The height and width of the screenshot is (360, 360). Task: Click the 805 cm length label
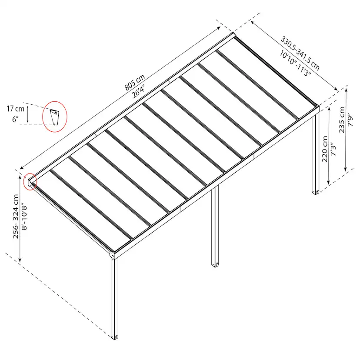135,82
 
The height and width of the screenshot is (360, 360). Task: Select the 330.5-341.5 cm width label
300,53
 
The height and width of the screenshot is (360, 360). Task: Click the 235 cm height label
342,120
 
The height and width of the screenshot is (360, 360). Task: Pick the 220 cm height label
325,149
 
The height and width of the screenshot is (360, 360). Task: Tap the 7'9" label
350,120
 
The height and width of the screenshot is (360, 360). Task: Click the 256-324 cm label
16,217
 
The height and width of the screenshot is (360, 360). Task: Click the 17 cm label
15,109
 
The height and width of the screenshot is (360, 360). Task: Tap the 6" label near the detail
15,119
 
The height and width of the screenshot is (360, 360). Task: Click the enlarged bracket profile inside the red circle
55,117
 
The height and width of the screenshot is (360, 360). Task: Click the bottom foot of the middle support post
215,265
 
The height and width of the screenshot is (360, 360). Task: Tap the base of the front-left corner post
115,337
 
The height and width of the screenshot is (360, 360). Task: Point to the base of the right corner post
316,192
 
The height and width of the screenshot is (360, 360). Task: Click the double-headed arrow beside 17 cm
27,114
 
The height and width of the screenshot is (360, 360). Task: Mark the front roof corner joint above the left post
113,255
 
